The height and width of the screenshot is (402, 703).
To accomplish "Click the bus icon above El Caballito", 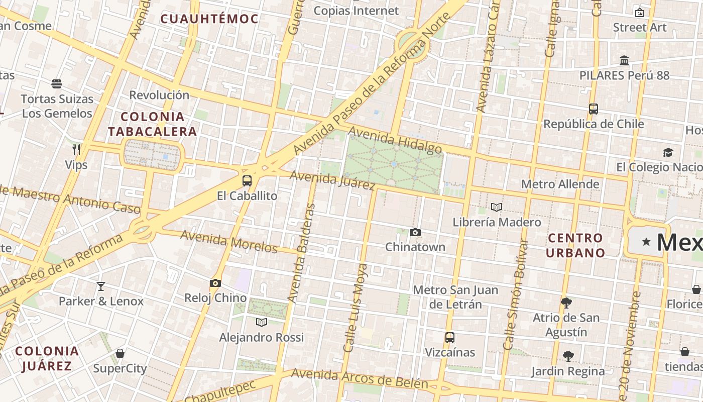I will [247, 181].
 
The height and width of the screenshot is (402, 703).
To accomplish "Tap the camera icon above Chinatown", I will [415, 232].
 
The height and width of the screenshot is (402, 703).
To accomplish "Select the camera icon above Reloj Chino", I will [215, 283].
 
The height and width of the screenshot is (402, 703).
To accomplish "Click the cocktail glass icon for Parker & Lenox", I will [101, 286].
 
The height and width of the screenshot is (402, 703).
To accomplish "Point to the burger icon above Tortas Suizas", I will [57, 83].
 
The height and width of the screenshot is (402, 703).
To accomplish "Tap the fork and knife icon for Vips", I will [76, 149].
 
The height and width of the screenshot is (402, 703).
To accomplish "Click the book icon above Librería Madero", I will [497, 207].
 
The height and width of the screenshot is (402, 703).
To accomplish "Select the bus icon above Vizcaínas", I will [450, 338].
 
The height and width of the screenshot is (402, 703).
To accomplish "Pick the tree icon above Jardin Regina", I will [568, 356].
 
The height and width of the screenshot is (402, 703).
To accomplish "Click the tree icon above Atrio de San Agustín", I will [566, 303].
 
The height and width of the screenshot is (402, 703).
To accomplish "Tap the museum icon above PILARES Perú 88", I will [624, 61].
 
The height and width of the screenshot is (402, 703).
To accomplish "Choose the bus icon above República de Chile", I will [594, 109].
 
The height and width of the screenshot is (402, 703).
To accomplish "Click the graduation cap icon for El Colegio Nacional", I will [668, 152].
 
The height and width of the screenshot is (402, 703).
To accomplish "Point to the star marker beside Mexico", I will [646, 242].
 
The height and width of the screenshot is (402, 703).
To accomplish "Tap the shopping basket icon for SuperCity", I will [120, 353].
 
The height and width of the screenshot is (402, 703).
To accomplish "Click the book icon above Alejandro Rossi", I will [261, 322].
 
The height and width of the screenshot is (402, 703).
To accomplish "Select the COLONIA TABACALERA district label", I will [153, 124].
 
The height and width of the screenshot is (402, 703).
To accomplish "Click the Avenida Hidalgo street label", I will [395, 140].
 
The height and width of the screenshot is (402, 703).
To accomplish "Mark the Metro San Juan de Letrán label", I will [455, 297].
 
